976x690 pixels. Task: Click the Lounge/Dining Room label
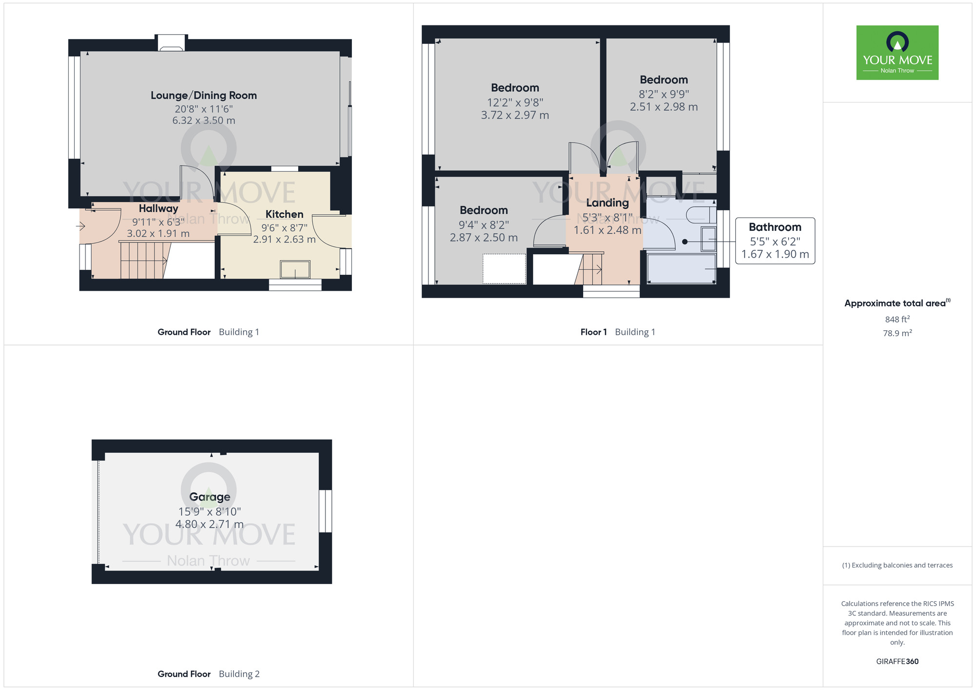pos(203,96)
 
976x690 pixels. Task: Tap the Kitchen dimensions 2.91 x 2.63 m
pos(284,240)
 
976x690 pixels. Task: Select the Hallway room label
pos(158,208)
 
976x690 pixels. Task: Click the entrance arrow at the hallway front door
pos(81,226)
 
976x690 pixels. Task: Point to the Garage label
pos(209,497)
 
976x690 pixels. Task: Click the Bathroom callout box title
pos(774,227)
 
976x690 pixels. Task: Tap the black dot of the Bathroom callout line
pos(685,242)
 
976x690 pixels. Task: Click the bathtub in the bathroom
pos(681,268)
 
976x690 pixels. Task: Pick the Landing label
pos(607,203)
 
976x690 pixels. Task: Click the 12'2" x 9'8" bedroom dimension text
pos(515,102)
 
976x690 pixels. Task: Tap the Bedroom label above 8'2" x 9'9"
pos(664,80)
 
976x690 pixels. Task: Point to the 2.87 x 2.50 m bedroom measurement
pos(484,238)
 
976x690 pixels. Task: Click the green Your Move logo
pos(897,53)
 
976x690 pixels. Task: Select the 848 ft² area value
pos(897,319)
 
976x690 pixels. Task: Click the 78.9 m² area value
pos(897,333)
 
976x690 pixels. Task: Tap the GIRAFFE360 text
pos(897,661)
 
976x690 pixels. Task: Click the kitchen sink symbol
pos(295,269)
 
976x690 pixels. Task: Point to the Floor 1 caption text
pos(593,332)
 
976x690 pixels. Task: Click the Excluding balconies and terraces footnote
pos(897,565)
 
